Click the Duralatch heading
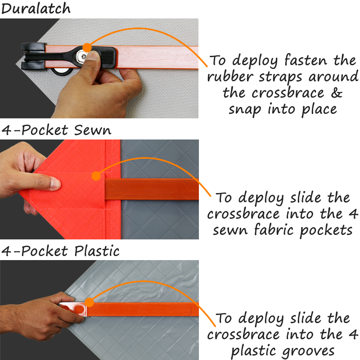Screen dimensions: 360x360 point(36,9)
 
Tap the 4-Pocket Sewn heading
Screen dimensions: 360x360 point(56,130)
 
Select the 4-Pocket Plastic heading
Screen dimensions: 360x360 point(60,251)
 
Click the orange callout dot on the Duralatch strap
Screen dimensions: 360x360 point(87,48)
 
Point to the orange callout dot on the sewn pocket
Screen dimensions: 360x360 point(96,176)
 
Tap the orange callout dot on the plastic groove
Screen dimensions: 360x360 point(89,302)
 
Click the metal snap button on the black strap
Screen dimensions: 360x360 point(82,55)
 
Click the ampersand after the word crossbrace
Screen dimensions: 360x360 point(337,93)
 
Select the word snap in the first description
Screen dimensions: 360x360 point(245,110)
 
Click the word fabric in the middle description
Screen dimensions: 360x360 point(274,229)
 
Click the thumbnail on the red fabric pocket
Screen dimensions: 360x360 point(55,184)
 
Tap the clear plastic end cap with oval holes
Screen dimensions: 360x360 point(74,309)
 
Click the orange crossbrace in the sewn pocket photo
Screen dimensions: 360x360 point(152,189)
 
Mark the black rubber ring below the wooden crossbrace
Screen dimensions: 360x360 point(61,72)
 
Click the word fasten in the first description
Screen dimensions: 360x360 point(306,60)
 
